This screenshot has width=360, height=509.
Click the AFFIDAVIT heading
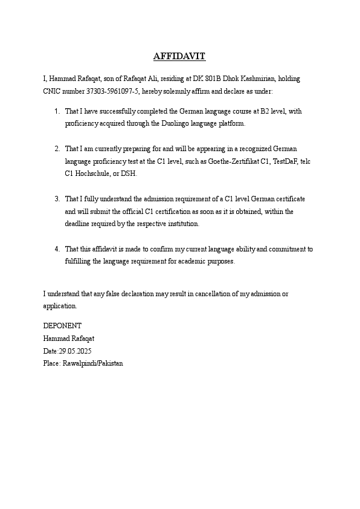[179, 57]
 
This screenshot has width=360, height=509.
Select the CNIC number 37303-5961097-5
[97, 91]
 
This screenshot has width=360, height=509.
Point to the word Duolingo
[176, 123]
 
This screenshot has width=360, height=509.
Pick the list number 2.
[56, 149]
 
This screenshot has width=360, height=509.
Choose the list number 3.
[56, 199]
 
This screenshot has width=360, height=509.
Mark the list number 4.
[56, 249]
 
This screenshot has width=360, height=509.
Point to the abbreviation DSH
[129, 173]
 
